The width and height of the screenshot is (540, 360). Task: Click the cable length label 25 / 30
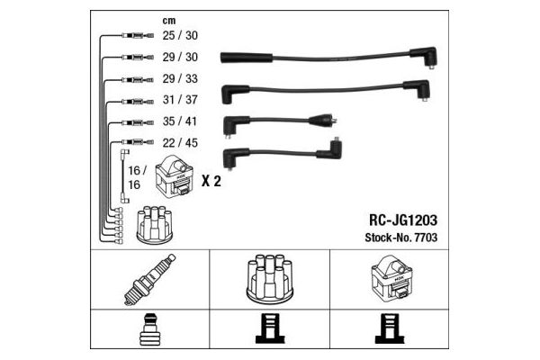click(180, 35)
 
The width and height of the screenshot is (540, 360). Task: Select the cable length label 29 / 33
click(180, 78)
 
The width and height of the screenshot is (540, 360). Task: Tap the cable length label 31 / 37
click(180, 100)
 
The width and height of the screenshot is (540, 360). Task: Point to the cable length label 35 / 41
click(180, 121)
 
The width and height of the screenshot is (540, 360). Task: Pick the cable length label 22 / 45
click(180, 142)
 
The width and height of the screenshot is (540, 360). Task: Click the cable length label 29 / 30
click(180, 57)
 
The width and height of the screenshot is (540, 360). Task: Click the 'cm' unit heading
click(169, 21)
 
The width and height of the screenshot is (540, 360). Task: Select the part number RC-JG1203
click(403, 220)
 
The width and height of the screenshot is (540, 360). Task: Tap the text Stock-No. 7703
click(401, 238)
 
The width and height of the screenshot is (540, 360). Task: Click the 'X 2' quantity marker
click(211, 181)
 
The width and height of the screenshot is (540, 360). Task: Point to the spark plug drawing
click(149, 280)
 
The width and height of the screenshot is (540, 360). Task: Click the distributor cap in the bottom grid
click(270, 279)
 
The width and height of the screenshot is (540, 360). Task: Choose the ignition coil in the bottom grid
click(391, 278)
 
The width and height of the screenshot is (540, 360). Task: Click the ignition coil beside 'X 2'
click(173, 176)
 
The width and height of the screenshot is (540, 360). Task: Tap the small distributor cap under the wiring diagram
click(155, 225)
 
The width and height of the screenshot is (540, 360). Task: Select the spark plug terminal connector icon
click(150, 329)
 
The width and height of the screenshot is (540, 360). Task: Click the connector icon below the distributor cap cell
click(270, 328)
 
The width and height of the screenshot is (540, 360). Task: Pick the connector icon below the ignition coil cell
click(390, 328)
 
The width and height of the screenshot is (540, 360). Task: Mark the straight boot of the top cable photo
click(247, 58)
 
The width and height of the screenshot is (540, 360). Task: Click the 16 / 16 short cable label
click(138, 177)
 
